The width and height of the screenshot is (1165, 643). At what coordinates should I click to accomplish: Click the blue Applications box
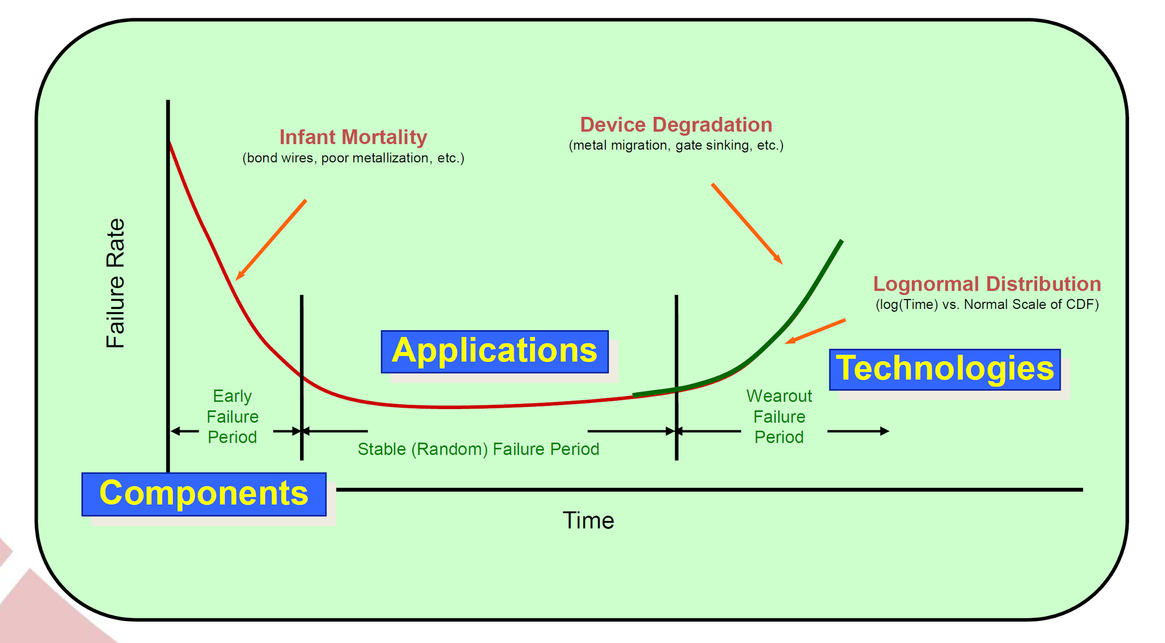click(494, 352)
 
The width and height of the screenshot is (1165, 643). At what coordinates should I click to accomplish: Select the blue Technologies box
click(944, 369)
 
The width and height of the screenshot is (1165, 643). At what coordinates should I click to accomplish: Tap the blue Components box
click(204, 494)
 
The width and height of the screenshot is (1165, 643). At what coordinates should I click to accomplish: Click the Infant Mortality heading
click(353, 137)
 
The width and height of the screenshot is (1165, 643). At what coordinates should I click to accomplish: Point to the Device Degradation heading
click(676, 125)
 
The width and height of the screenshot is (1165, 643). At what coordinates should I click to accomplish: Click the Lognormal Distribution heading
click(987, 284)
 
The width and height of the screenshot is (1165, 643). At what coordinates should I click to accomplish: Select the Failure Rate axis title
click(115, 283)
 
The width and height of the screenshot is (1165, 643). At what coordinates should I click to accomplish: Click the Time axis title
click(588, 520)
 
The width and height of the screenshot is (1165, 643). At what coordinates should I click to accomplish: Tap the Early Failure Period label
click(233, 417)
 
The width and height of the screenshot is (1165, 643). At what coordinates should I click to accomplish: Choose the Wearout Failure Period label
click(779, 417)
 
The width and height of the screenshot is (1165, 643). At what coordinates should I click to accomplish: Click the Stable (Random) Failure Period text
click(478, 449)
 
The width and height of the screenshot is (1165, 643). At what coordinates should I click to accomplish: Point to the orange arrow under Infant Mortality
click(271, 240)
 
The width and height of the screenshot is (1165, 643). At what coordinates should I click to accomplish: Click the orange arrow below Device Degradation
click(747, 224)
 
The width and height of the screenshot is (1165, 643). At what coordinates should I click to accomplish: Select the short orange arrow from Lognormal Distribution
click(815, 331)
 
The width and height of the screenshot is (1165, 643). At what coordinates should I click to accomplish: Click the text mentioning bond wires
click(353, 158)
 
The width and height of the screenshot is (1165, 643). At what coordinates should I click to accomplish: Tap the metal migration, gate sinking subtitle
click(676, 145)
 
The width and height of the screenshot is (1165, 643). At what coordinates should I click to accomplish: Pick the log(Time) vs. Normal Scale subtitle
click(987, 305)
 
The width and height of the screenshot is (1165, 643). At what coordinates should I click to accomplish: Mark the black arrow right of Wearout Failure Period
click(857, 431)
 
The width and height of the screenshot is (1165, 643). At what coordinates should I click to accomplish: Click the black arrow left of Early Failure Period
click(185, 431)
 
